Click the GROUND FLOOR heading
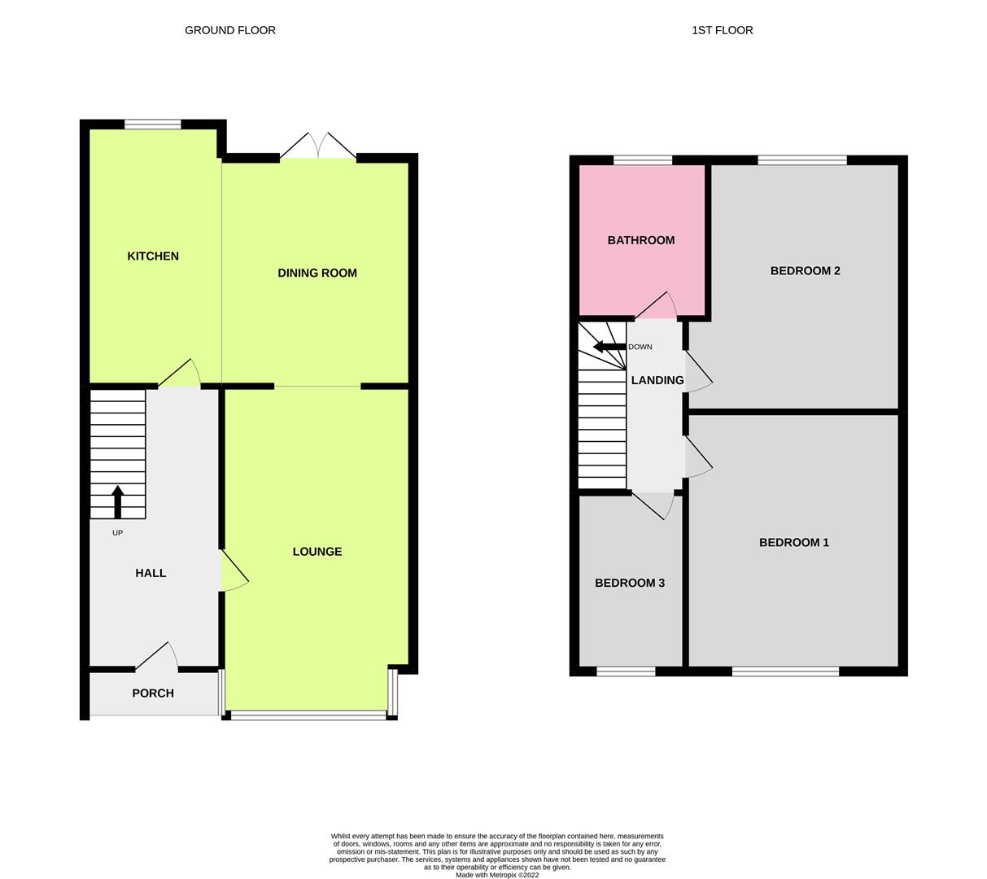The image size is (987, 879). (230, 30)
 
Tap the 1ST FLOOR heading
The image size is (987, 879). (722, 30)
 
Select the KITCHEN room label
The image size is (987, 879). (153, 256)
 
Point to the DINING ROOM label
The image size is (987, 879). (317, 273)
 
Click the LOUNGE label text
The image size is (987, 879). (317, 552)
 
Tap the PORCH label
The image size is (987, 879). (153, 693)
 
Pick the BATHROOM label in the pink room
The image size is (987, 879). (641, 240)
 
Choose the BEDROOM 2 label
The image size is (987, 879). (805, 271)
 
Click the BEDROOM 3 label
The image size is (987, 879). (630, 584)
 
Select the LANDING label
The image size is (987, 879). (657, 380)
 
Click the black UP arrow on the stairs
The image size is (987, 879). (117, 501)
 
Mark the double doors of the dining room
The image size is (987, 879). (318, 146)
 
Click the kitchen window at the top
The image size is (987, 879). (152, 125)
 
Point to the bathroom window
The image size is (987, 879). (643, 160)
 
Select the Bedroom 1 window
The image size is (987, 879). (785, 671)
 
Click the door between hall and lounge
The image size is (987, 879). (234, 570)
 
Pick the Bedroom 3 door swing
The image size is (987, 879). (654, 505)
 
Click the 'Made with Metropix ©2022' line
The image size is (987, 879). (497, 875)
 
